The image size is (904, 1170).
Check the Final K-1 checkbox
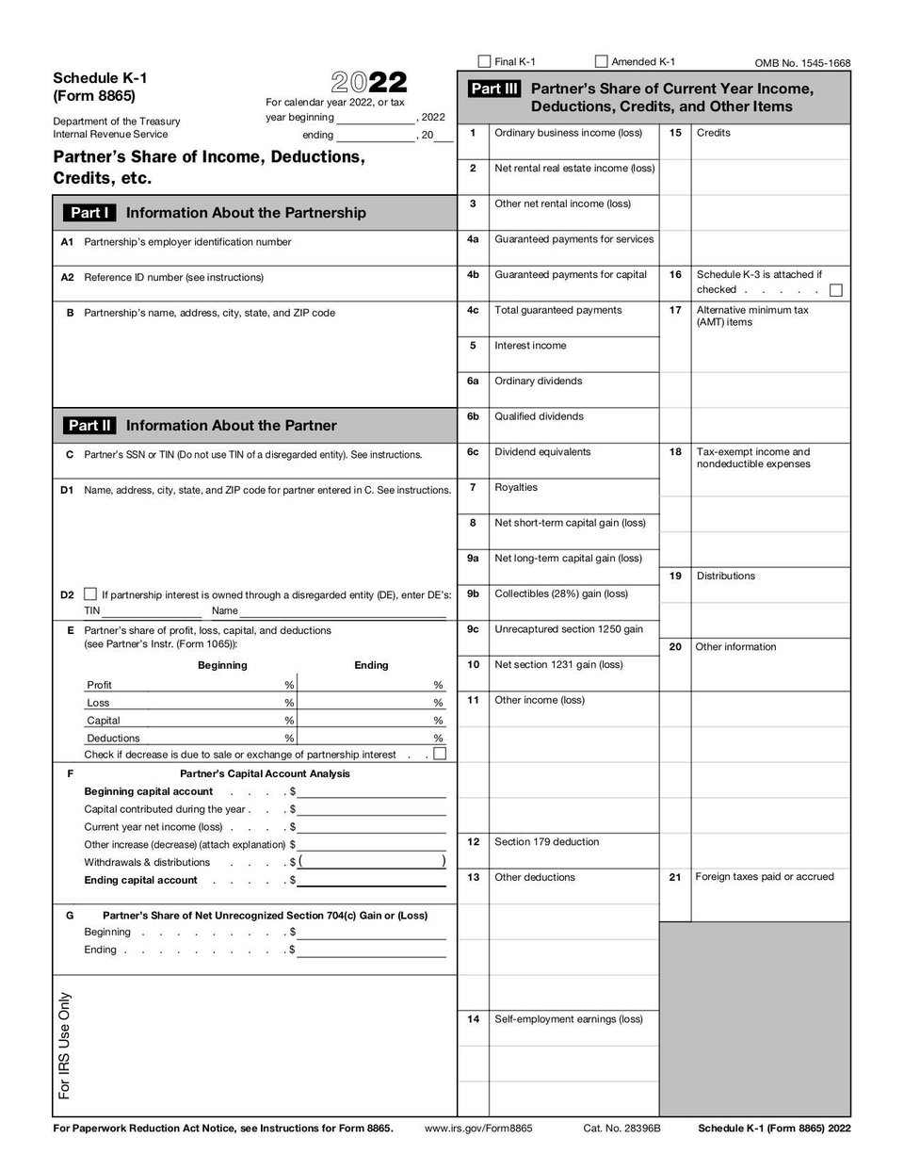pos(484,61)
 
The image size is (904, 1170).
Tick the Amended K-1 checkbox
pos(602,61)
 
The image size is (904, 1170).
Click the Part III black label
pos(494,89)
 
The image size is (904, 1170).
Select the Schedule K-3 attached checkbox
pos(835,290)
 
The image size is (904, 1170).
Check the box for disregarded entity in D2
pos(90,594)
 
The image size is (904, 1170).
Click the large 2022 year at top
pos(368,83)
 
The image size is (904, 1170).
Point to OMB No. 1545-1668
pos(802,63)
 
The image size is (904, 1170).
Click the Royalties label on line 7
pos(516,488)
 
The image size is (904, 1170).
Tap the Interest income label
pos(530,346)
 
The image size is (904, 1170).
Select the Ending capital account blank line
pos(371,880)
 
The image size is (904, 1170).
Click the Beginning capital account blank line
pos(371,791)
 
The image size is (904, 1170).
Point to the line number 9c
pos(473,629)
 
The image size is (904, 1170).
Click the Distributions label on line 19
pos(725,576)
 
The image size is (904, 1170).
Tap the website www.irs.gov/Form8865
pos(478,1128)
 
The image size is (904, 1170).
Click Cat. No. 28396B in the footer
pos(621,1128)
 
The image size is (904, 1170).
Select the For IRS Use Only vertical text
pos(65,1046)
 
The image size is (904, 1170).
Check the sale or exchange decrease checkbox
pos(439,754)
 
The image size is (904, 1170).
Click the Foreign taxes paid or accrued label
pos(764,877)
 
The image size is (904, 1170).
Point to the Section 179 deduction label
pos(546,842)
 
